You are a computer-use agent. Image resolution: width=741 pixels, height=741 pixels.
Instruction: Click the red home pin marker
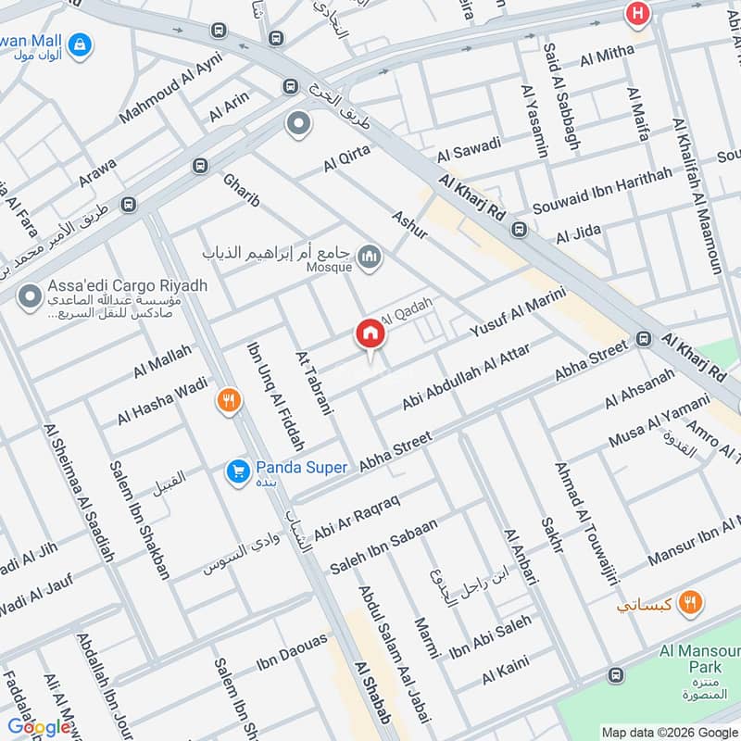point(370,336)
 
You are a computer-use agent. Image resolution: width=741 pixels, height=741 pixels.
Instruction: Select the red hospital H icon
point(636,13)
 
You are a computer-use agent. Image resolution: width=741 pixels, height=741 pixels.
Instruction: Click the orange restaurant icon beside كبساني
point(688,603)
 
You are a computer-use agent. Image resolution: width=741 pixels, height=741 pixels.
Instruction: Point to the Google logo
point(40,727)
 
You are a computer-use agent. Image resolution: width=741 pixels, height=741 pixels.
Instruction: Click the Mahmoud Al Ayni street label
point(171,102)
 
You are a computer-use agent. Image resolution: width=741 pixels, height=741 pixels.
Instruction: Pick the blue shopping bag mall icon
point(81,43)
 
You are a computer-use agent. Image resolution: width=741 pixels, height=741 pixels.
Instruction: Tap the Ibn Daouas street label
point(293,652)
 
